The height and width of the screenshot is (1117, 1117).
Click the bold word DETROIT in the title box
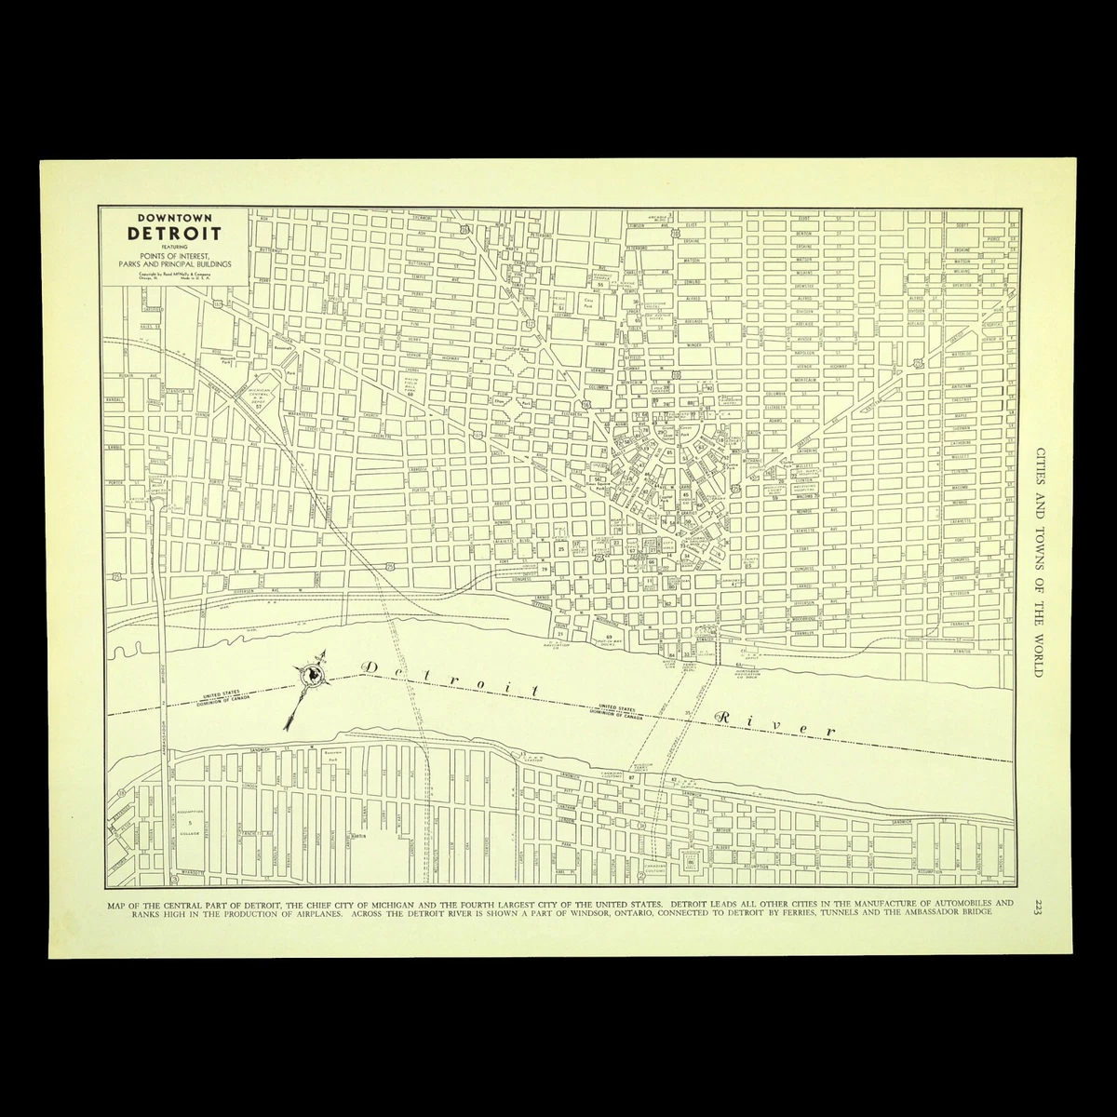[173, 232]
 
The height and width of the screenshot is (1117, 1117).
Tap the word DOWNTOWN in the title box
[173, 217]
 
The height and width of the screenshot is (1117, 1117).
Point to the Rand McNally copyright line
[173, 275]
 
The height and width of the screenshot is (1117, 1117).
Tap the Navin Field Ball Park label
[410, 383]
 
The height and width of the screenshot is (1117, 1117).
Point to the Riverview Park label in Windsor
[332, 752]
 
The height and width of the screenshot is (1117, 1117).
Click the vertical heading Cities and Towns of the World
[1038, 559]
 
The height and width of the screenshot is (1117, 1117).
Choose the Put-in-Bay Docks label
[609, 640]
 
